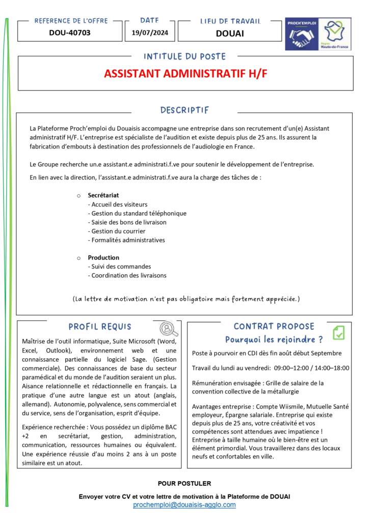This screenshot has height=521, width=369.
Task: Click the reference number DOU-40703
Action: point(69,34)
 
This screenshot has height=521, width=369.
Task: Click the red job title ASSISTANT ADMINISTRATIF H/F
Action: point(186,73)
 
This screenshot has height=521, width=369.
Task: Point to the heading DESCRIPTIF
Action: point(184,110)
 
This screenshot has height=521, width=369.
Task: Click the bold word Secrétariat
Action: point(103,195)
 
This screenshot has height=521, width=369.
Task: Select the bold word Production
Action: point(103,257)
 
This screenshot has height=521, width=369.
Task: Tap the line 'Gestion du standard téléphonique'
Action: point(137,213)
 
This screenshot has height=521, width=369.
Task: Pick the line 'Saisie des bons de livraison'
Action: point(127,222)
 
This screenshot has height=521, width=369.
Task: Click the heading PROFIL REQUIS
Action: point(100,327)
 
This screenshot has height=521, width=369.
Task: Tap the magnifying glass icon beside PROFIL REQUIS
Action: point(169,329)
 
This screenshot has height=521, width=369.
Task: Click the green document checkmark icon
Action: point(338,333)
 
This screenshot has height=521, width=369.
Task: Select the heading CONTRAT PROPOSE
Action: point(274,326)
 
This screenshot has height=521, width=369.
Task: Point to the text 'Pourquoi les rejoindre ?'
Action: point(274,339)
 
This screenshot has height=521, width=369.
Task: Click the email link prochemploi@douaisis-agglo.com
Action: point(184,505)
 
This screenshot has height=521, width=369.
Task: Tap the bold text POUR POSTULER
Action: point(184,483)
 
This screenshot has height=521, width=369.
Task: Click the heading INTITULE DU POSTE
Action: point(184,56)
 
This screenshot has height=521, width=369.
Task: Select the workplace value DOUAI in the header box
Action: point(230,34)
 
